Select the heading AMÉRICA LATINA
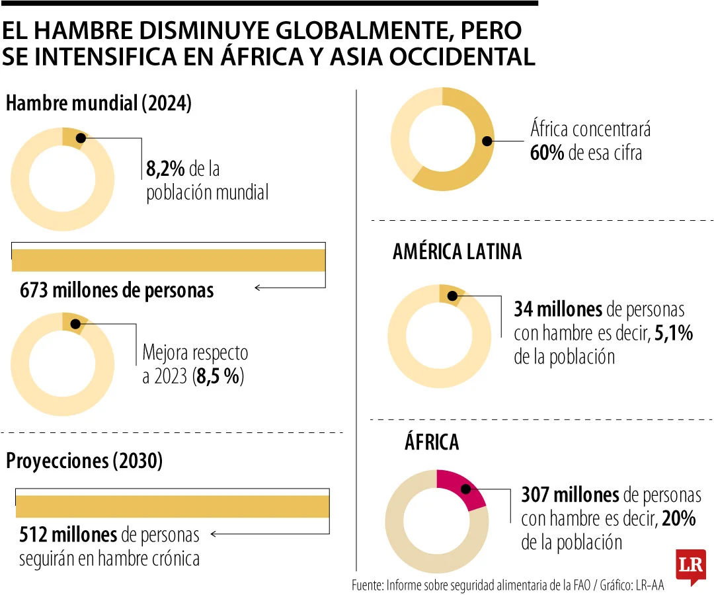coord(457,252)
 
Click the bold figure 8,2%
coord(166,170)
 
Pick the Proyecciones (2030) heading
coord(84,461)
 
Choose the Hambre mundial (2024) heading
coord(99,104)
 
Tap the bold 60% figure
coord(547,153)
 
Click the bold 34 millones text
coord(558,309)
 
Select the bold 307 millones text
coord(570,495)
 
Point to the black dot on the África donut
coord(465,489)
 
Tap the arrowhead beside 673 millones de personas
coord(258,288)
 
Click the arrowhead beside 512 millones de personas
coord(214,534)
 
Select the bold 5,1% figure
coord(673,333)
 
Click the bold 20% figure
coord(678,519)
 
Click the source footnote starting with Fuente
coord(507,585)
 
